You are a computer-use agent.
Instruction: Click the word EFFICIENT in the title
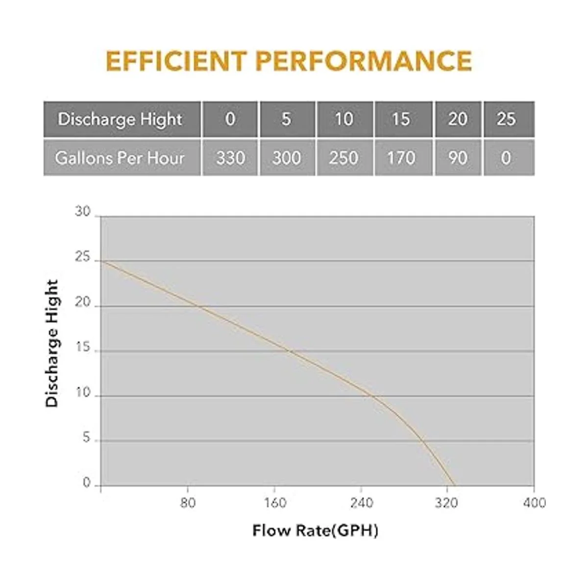(176, 61)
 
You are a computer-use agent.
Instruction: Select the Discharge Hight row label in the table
(121, 119)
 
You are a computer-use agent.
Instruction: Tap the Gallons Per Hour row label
(120, 158)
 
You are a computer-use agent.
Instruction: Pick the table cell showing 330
(230, 158)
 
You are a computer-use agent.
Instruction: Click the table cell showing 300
(287, 158)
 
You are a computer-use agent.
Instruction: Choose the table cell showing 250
(343, 158)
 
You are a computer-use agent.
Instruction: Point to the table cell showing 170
(401, 158)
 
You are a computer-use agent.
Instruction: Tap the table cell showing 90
(458, 158)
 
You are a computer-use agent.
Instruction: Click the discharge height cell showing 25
(507, 119)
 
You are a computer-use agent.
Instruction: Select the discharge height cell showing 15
(401, 119)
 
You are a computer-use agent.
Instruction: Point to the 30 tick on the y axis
(83, 212)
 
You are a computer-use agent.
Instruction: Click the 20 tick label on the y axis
(83, 303)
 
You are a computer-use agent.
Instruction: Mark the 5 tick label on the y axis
(87, 438)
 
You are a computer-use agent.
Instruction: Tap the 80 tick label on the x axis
(188, 503)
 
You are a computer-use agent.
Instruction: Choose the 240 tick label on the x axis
(361, 503)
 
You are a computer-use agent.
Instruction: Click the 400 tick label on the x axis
(534, 503)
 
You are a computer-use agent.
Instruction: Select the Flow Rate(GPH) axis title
(315, 531)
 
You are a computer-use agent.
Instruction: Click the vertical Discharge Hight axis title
(52, 343)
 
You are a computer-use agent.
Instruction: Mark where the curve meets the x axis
(455, 486)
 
